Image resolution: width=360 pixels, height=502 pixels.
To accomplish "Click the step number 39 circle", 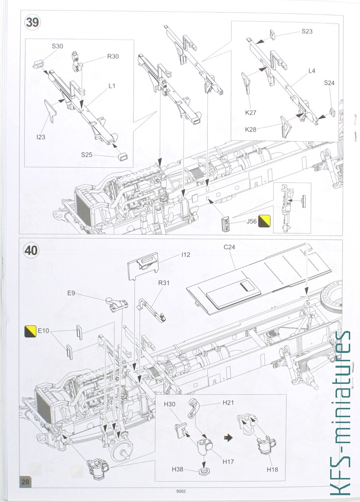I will tap(32, 23).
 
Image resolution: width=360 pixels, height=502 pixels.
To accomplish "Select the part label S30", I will tap(57, 47).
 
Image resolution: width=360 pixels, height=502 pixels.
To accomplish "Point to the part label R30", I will tap(113, 56).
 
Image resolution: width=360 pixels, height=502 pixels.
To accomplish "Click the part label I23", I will tap(41, 137).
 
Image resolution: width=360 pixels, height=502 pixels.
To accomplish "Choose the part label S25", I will tap(87, 154).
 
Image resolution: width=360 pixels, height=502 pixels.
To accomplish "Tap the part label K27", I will tap(251, 112).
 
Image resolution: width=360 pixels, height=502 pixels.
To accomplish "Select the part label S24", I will tap(329, 83).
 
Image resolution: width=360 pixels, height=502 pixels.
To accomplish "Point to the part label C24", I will tap(230, 247).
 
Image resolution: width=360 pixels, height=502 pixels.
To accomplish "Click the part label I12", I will tap(186, 254).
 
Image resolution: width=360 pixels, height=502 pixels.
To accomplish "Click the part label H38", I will tap(177, 469).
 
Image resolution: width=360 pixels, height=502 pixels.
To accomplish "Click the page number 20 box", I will tap(25, 482).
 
